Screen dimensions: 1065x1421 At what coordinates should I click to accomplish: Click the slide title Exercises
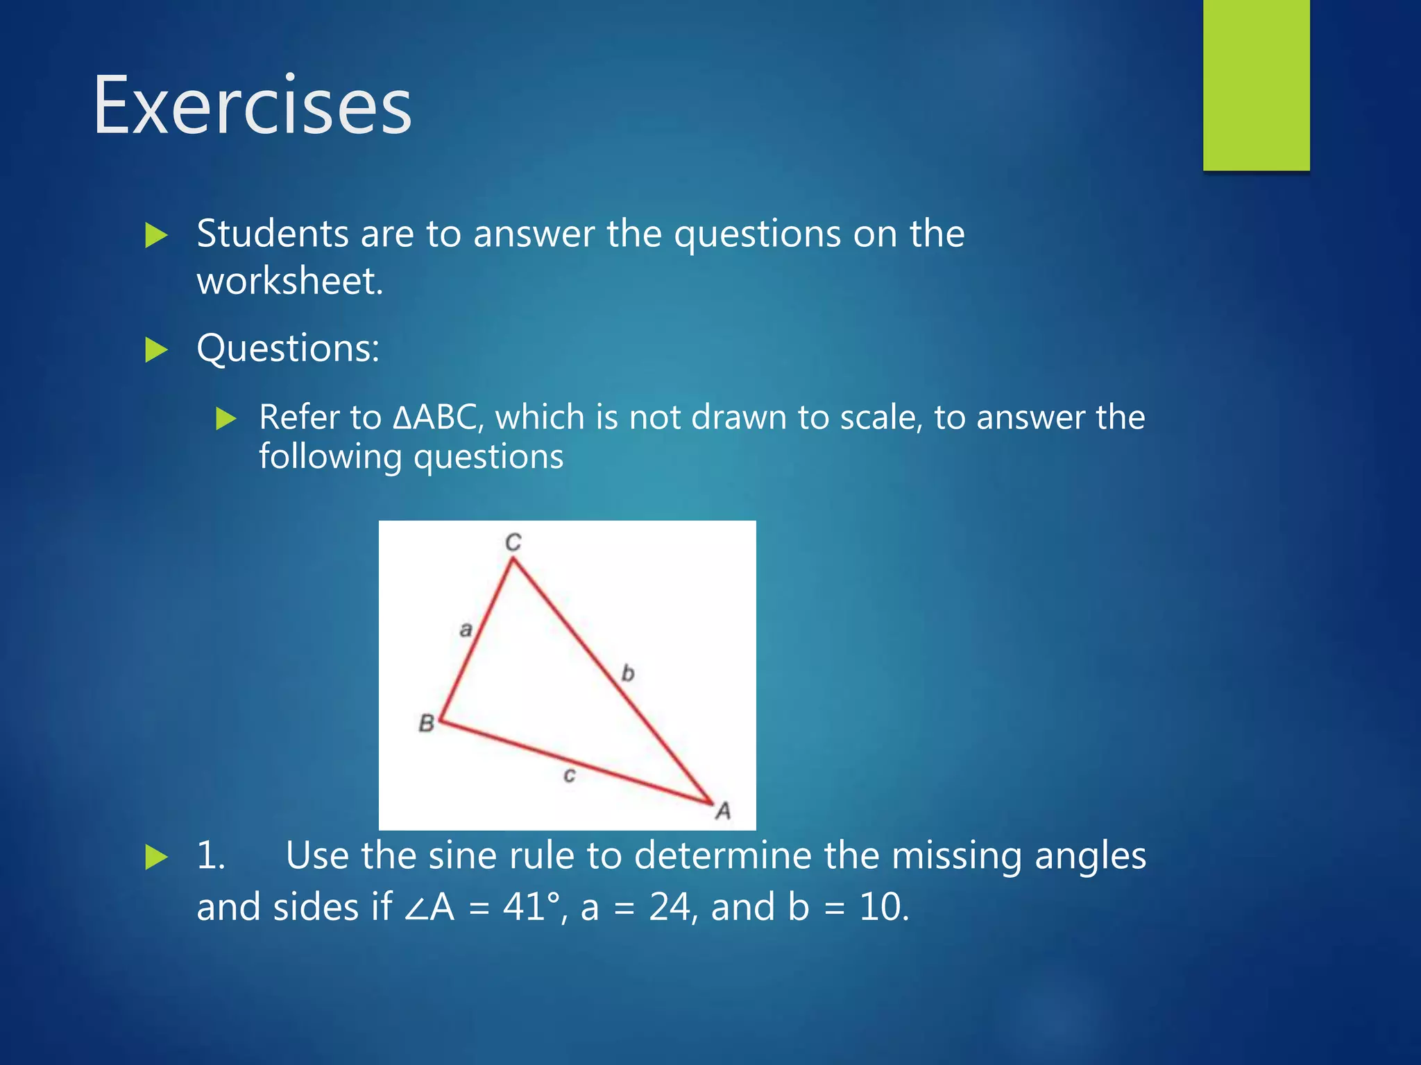253,105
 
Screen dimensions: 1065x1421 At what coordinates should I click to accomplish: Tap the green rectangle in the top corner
1256,85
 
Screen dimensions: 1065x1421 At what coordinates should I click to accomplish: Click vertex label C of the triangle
513,542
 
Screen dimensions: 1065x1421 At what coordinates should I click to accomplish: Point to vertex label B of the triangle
426,723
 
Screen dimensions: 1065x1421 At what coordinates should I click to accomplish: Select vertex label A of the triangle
723,810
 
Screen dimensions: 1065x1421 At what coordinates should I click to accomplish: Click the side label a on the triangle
466,630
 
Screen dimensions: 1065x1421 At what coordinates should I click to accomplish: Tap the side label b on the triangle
627,673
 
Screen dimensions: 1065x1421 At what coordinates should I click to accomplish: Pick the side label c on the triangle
569,774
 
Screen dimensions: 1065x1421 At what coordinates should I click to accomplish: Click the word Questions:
288,348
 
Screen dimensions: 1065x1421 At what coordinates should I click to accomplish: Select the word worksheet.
289,282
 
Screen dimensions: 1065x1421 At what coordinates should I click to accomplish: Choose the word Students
272,234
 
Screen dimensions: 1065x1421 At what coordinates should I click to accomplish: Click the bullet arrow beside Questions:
156,350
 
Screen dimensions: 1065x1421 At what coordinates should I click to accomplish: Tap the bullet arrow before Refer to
226,419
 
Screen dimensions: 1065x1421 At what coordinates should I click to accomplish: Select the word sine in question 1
461,855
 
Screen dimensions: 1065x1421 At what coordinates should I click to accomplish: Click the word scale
880,417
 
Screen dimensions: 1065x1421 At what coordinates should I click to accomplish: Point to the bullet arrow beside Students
156,236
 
